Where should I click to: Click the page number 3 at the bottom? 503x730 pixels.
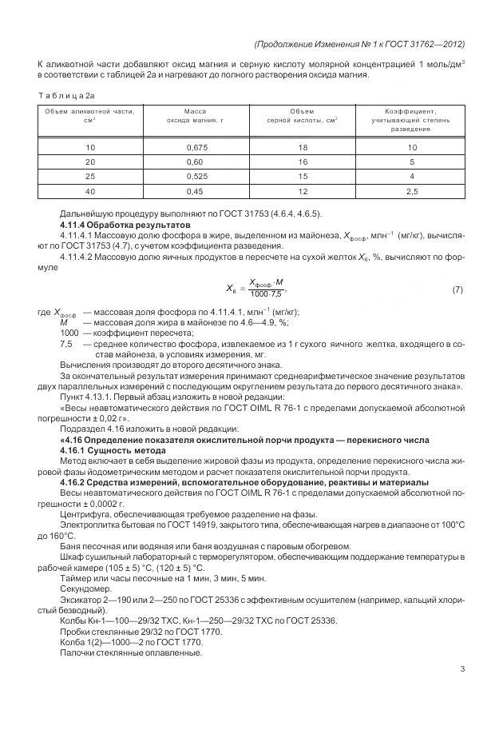[461, 670]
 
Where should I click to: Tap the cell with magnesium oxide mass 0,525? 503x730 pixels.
[196, 176]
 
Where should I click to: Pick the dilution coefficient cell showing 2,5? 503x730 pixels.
[412, 191]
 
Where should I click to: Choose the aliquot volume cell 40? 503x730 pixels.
[90, 191]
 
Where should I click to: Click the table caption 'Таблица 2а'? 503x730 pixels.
[66, 95]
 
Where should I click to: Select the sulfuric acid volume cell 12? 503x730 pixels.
[303, 191]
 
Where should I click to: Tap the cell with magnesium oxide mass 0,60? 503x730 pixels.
[196, 162]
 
